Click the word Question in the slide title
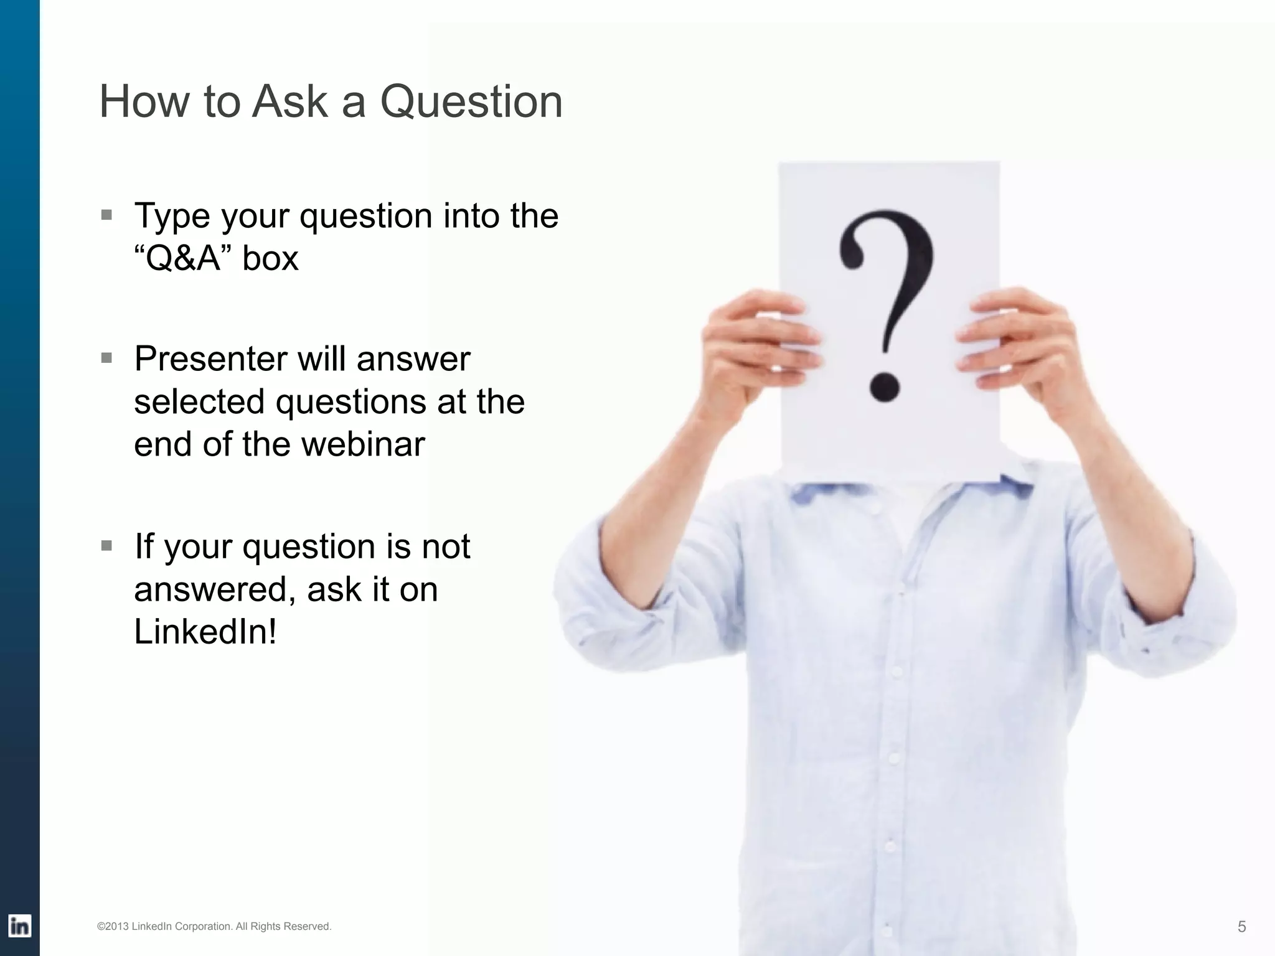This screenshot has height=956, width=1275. (x=471, y=101)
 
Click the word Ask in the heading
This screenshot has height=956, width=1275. (x=289, y=101)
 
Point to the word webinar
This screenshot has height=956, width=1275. (x=364, y=444)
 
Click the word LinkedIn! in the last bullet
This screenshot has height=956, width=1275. (x=205, y=632)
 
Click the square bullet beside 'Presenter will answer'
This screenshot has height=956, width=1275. (x=107, y=358)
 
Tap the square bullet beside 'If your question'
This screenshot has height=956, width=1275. (x=107, y=546)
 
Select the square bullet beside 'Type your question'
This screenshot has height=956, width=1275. (x=107, y=215)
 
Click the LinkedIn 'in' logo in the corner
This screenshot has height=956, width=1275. (x=19, y=927)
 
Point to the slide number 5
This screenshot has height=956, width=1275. (x=1241, y=927)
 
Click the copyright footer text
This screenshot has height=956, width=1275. (x=214, y=927)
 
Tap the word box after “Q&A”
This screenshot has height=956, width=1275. (x=270, y=258)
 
